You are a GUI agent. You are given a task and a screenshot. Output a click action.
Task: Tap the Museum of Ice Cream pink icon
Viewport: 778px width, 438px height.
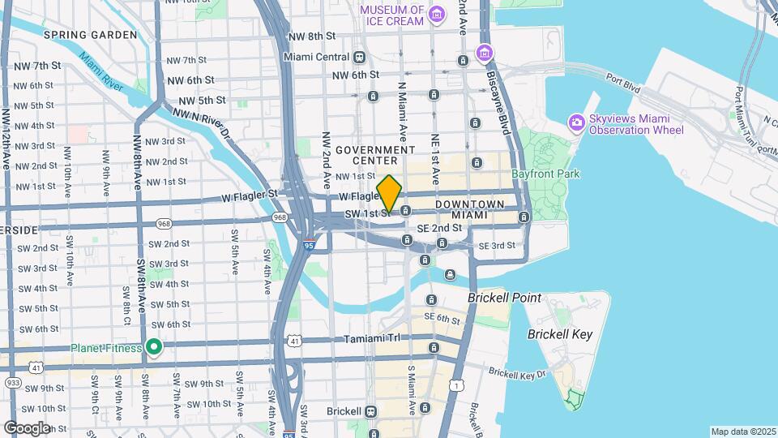438,14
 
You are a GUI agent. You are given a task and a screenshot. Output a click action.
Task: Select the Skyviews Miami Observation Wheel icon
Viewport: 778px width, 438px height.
577,123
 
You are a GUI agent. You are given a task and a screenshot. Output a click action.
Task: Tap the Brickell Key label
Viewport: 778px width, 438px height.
560,334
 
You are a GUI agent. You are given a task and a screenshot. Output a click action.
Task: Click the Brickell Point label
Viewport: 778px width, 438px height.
504,298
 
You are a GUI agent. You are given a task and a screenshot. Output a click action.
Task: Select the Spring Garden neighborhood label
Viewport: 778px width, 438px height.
91,35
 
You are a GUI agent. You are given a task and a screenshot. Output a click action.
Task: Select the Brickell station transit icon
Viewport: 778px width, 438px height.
372,411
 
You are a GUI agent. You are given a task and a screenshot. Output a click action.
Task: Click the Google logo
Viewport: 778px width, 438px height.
27,427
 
